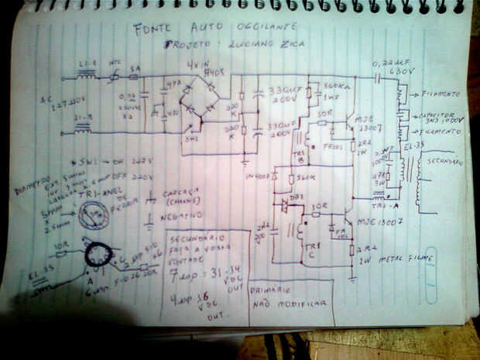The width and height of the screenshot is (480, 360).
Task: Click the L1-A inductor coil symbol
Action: (x=87, y=77)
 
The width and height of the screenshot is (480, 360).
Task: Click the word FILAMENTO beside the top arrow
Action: (x=442, y=94)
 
